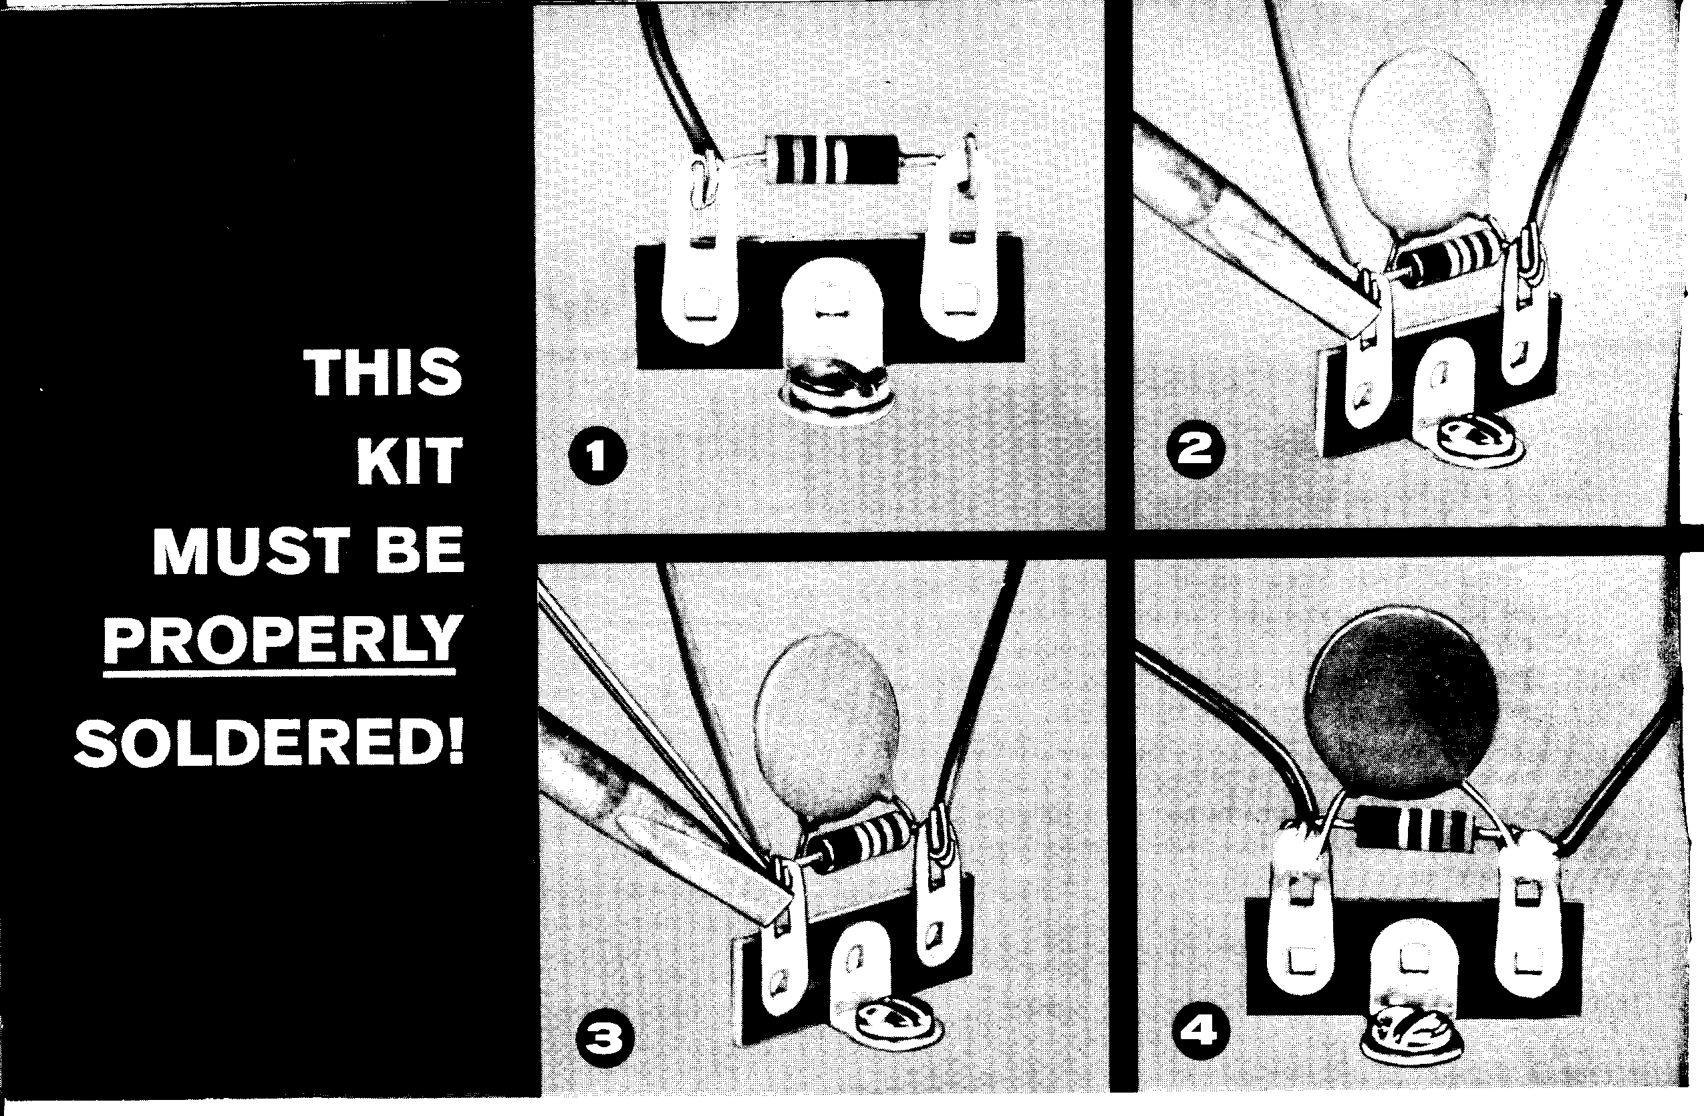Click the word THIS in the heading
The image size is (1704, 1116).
[383, 372]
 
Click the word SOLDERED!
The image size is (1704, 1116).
[269, 744]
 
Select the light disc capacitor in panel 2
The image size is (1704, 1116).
[1421, 149]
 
